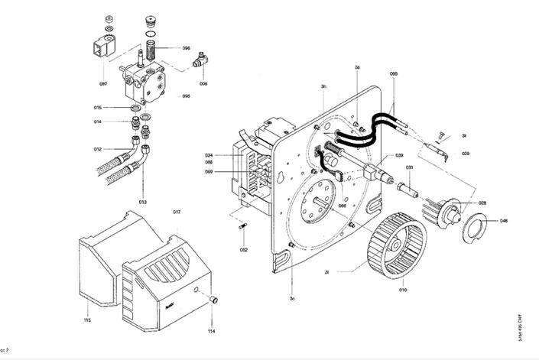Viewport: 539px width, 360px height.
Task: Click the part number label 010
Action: [403, 290]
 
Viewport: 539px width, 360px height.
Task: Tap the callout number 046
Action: [503, 221]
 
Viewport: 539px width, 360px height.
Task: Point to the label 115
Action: [87, 319]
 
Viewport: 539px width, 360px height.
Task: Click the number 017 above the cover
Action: [176, 211]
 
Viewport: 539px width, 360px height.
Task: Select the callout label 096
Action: [186, 48]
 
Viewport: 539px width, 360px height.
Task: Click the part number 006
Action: [203, 83]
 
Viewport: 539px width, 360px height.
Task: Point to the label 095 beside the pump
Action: [186, 96]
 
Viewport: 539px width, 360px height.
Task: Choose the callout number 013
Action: [98, 149]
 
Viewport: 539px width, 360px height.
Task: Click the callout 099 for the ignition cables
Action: [394, 73]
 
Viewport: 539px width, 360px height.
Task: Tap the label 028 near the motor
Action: [482, 203]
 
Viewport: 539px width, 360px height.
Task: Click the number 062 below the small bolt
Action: [243, 249]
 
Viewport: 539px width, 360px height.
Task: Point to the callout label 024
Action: [209, 155]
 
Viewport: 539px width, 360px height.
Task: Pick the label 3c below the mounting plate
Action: [292, 297]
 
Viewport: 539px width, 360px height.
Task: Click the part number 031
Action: [410, 167]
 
